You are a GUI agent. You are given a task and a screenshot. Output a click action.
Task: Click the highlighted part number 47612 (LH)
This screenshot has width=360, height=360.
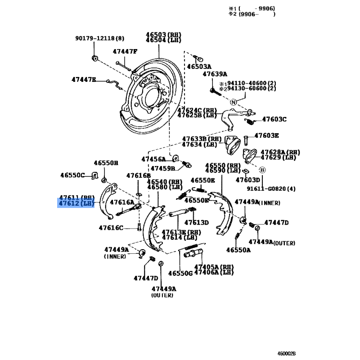click(x=76, y=204)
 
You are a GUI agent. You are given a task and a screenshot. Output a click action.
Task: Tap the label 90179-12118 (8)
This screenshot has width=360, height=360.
click(x=99, y=38)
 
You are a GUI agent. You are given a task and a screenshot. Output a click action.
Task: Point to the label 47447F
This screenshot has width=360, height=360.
click(x=125, y=51)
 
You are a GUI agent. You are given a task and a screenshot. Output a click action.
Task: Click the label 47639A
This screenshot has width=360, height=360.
click(x=215, y=74)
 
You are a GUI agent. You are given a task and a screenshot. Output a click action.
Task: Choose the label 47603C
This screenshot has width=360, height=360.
click(x=274, y=119)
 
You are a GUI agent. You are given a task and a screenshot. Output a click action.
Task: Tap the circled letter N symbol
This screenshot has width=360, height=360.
click(x=233, y=102)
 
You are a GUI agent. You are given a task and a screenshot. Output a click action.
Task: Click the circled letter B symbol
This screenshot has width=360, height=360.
click(x=262, y=170)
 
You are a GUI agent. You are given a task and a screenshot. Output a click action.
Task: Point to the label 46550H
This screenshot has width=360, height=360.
click(x=106, y=163)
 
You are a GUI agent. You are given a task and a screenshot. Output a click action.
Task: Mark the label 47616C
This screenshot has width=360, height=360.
click(x=111, y=228)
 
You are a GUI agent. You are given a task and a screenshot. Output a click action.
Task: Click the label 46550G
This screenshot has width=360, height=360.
click(x=180, y=273)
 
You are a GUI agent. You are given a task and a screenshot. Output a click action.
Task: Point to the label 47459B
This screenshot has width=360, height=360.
click(x=162, y=168)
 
